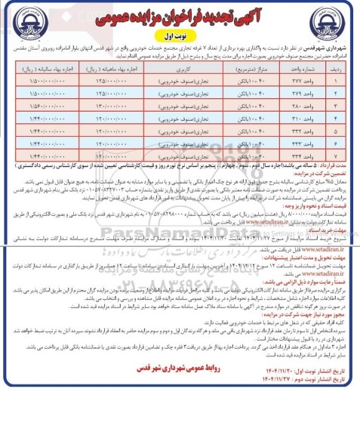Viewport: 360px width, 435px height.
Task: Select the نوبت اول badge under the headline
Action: tap(179, 35)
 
